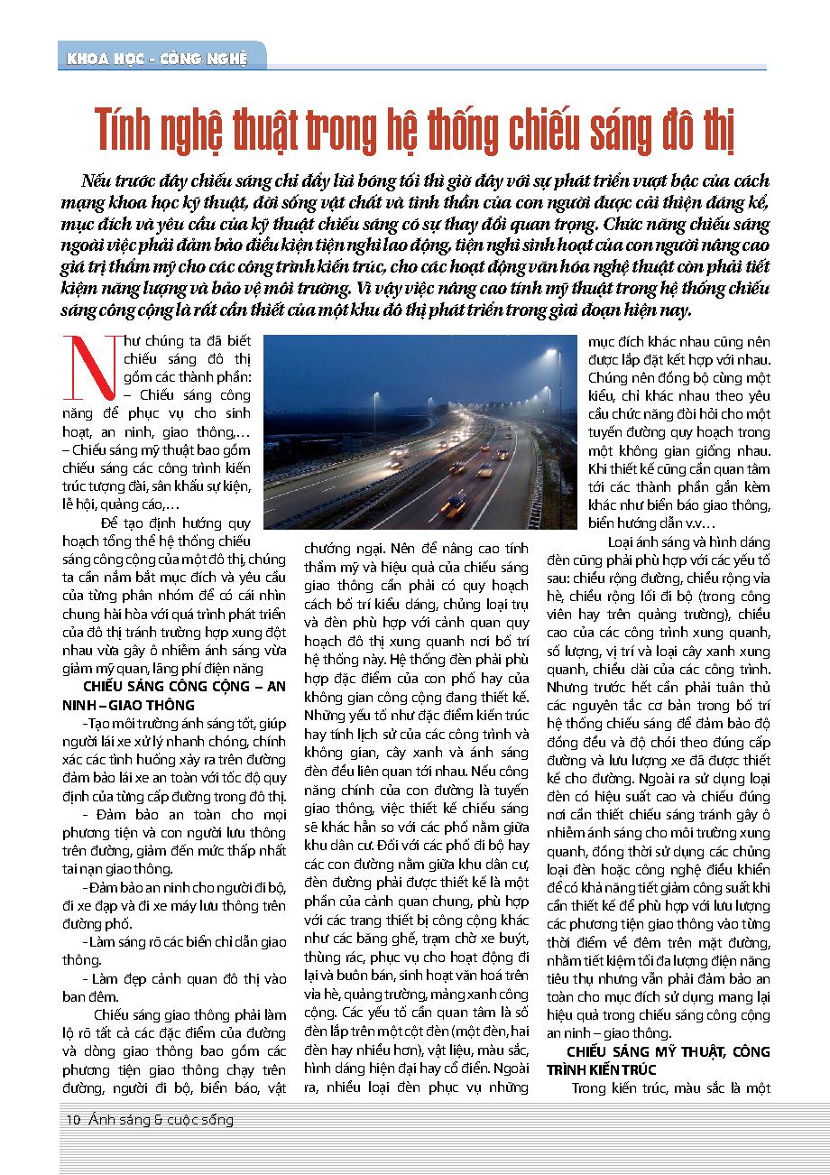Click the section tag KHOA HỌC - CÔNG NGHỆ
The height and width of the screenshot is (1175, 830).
155,60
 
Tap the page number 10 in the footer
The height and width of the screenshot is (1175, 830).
74,1120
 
